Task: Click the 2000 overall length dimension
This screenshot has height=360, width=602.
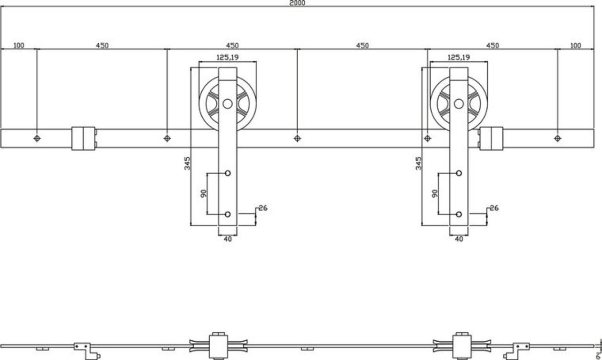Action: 297,3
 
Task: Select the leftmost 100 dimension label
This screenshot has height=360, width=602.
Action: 19,46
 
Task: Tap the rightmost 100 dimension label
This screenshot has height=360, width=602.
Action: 575,46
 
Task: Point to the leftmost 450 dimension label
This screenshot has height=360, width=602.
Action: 102,46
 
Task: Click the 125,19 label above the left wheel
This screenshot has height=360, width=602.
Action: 227,57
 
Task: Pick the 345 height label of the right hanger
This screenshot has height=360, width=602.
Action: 418,163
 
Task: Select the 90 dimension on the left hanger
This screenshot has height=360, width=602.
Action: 204,193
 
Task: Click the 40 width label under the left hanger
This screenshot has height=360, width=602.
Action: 228,239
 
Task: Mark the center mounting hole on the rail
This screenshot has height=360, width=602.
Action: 297,138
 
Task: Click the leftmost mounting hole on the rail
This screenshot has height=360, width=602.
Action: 37,138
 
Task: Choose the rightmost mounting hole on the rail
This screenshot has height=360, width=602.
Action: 557,138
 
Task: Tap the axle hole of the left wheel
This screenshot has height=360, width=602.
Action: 228,104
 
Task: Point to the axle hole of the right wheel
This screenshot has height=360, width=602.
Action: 459,104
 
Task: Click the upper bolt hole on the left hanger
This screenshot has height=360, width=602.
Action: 228,173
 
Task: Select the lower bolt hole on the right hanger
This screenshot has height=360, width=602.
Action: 459,214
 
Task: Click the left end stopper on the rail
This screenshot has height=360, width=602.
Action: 84,138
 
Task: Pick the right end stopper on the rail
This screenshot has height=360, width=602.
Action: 491,138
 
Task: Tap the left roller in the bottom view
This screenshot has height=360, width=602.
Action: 217,346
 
